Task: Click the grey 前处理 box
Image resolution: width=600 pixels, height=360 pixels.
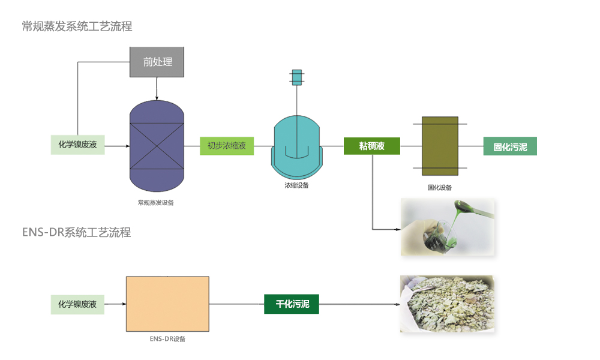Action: click(157, 62)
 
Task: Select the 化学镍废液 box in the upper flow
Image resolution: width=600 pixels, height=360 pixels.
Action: click(77, 145)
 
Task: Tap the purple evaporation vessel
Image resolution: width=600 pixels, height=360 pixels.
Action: click(157, 144)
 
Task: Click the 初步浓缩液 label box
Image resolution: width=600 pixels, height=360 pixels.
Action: click(226, 145)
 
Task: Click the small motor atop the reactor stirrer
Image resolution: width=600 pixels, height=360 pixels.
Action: click(296, 77)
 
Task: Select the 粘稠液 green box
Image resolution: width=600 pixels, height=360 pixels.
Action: click(371, 146)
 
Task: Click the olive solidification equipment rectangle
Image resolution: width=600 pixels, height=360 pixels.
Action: click(439, 146)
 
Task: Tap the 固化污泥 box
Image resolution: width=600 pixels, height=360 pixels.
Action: click(510, 146)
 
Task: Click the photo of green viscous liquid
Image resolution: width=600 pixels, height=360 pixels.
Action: click(448, 227)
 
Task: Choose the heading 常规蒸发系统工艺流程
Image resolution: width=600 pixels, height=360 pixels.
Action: click(77, 26)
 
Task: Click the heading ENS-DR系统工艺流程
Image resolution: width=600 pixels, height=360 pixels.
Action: click(76, 232)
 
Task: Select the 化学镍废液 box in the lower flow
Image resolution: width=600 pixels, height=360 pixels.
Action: click(77, 304)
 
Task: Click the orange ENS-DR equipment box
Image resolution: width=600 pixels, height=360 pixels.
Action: click(167, 304)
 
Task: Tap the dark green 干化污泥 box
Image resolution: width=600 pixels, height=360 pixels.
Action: click(292, 304)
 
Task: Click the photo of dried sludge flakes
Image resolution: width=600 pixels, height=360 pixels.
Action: click(448, 304)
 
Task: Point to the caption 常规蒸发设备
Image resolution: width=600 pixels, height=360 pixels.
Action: click(156, 203)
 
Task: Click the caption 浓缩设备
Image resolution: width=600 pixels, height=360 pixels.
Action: click(296, 185)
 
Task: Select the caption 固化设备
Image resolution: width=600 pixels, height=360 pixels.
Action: click(439, 187)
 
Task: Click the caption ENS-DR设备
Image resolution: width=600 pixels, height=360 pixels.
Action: click(167, 339)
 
